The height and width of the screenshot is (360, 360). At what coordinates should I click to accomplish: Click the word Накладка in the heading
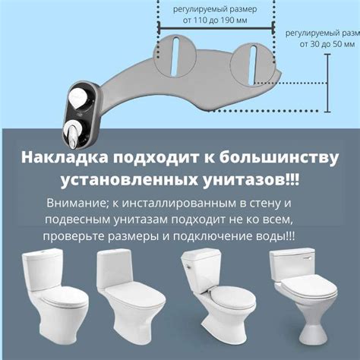[64, 158]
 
